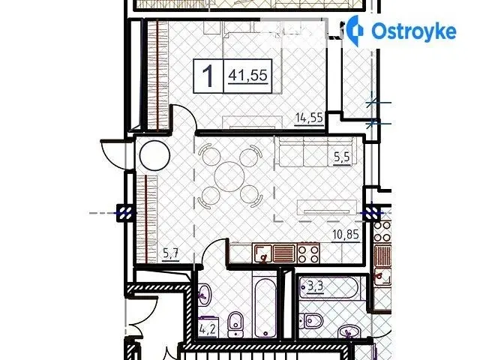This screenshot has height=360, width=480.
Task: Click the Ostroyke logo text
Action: [414, 31]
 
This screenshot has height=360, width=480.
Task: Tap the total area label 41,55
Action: [248, 75]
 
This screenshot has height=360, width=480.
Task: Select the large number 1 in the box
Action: [208, 76]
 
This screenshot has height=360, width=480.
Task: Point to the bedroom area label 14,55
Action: [309, 118]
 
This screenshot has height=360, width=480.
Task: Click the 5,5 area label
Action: [341, 157]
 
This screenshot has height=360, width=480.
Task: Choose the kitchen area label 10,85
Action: [346, 235]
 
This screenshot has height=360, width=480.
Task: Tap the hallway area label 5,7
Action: [171, 254]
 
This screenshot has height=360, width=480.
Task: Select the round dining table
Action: [229, 176]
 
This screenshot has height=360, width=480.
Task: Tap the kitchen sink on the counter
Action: [262, 253]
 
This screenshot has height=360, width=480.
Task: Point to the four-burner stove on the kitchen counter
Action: [308, 253]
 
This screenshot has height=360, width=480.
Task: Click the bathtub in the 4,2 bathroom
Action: [265, 307]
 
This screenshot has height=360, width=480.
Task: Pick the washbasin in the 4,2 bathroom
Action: [204, 294]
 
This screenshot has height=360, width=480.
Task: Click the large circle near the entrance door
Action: [154, 155]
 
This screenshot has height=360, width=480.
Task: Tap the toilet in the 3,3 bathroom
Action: [310, 321]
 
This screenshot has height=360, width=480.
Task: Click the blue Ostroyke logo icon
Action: [355, 31]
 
